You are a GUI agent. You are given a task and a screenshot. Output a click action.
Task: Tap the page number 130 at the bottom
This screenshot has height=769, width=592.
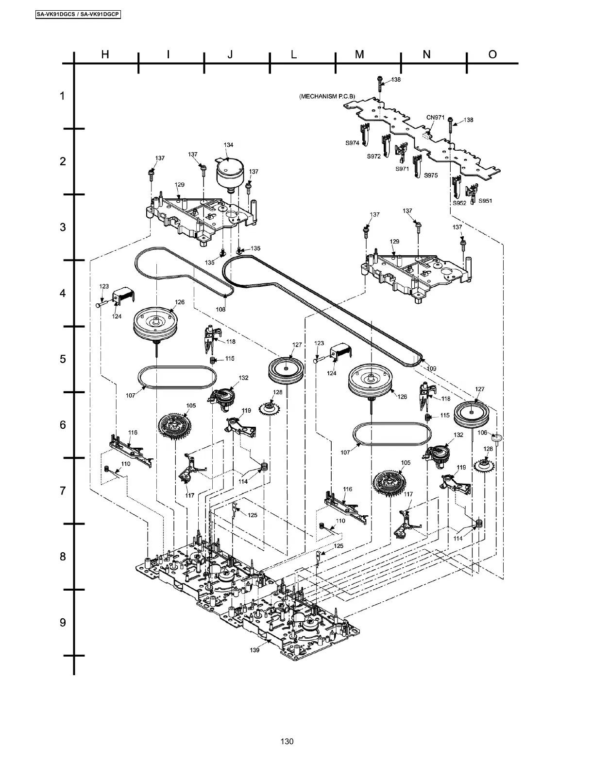coord(287,741)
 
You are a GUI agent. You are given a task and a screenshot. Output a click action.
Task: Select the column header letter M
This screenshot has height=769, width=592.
coord(359,54)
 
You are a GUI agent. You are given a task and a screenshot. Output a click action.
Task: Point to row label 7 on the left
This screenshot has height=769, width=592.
coord(63,490)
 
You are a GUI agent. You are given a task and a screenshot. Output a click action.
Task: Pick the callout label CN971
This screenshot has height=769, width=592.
coord(436,117)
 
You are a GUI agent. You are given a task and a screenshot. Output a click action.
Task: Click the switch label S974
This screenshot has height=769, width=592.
coord(352,143)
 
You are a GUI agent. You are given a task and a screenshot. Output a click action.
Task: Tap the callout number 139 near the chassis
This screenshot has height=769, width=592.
coord(254,650)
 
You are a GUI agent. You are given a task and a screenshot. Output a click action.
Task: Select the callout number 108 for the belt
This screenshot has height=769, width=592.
coord(221,309)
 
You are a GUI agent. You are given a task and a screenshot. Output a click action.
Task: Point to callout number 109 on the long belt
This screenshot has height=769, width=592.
coord(431,368)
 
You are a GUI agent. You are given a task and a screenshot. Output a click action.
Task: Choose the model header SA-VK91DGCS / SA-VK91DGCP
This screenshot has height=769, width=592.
coord(78,15)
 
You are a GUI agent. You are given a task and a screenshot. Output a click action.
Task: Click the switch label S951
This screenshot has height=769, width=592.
coord(486,201)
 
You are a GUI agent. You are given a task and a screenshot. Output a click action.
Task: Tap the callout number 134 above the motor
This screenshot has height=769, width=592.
coord(228,145)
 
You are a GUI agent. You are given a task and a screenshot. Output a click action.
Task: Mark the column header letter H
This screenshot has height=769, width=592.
coord(105,54)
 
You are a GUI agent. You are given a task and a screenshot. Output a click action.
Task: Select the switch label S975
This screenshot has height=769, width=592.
coord(431,175)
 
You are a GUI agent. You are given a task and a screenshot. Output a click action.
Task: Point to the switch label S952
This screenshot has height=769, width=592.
coord(459,203)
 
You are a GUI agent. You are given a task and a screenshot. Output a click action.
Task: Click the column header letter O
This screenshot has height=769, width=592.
coord(492,54)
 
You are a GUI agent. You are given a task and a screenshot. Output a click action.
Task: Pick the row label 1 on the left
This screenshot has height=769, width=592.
coord(62,96)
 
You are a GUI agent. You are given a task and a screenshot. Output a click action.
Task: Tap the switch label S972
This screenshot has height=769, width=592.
coord(373,157)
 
